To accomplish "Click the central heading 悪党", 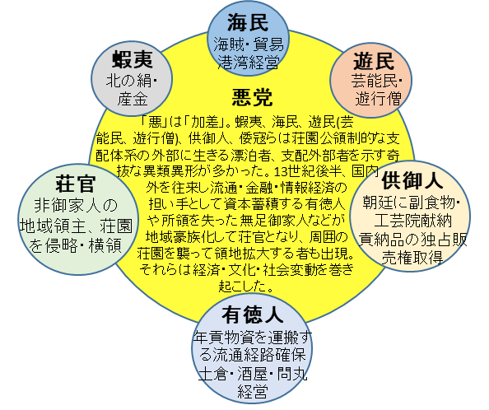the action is tap(252, 98).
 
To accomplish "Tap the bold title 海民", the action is tap(248, 23).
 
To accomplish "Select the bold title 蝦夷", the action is tap(133, 59).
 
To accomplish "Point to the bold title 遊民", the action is tap(374, 61).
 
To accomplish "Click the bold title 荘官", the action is tap(76, 184).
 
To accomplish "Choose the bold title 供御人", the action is tap(412, 181).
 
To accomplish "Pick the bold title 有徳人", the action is tap(253, 314).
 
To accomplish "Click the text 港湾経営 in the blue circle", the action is tap(249, 62).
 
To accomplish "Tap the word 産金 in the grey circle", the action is tap(133, 100).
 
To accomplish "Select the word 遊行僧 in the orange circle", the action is tap(379, 99).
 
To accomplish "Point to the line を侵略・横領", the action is tap(75, 245).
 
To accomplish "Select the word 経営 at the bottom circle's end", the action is tap(253, 392).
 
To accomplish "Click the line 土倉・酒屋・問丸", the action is tap(253, 374).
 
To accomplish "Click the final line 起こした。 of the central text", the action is tap(246, 287).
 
